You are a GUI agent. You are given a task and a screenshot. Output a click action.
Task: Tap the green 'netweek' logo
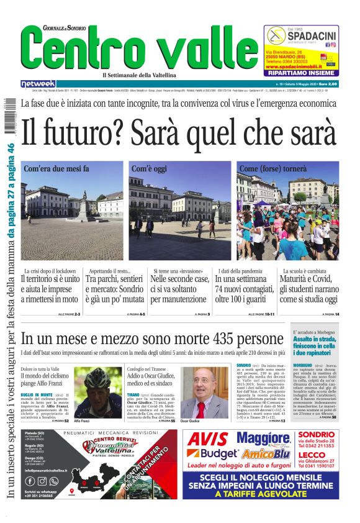38,83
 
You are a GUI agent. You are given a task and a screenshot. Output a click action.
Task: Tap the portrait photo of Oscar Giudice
203,392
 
